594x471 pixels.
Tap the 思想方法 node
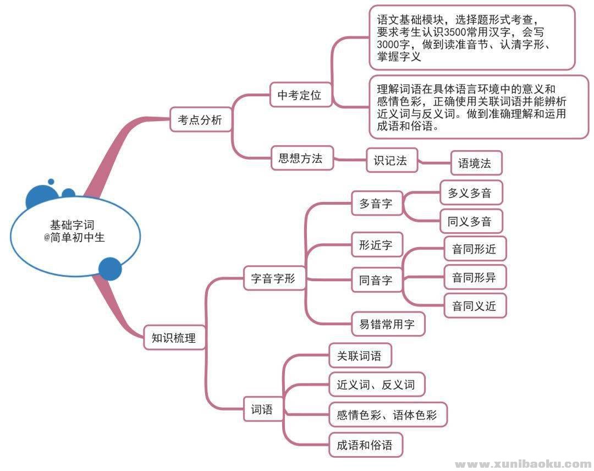(x=300, y=159)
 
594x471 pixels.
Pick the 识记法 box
(x=391, y=160)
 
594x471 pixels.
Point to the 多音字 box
(x=376, y=204)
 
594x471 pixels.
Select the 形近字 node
(x=376, y=245)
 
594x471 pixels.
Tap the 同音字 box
(x=376, y=280)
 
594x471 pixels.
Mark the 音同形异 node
(x=474, y=277)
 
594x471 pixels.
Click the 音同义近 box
(x=474, y=306)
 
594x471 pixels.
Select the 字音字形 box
(x=273, y=278)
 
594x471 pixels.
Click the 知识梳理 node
(x=173, y=338)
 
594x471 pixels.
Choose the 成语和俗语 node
(x=364, y=445)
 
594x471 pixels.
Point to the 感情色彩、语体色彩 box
(x=387, y=415)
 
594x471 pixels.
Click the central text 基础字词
(x=72, y=225)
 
